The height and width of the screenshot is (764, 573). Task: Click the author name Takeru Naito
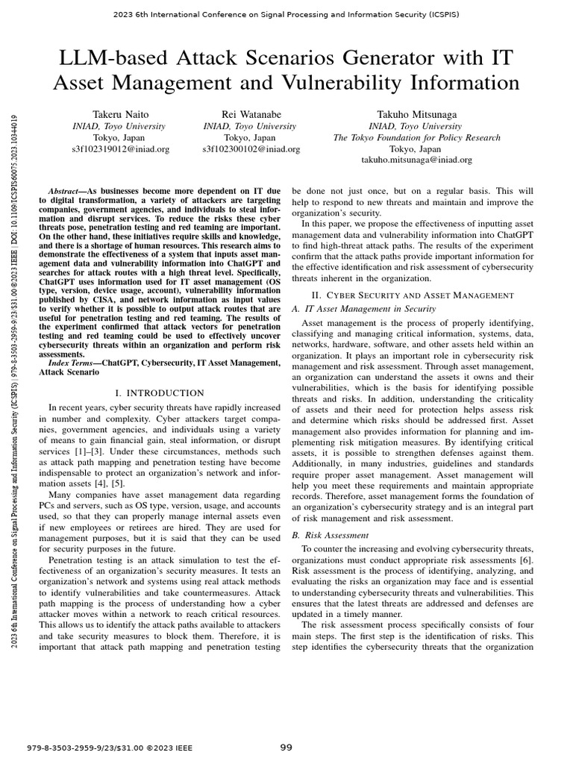click(120, 115)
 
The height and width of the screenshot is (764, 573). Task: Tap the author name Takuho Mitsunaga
click(416, 115)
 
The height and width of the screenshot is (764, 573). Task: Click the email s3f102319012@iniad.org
click(120, 149)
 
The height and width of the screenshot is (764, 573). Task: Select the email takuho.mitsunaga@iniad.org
click(416, 160)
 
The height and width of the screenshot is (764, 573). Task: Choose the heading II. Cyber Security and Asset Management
click(412, 295)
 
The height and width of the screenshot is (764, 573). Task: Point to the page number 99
click(286, 748)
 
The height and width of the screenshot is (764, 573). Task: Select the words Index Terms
click(73, 363)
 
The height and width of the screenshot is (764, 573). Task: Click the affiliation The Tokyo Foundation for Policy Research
click(416, 138)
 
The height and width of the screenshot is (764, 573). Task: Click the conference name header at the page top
click(286, 14)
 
